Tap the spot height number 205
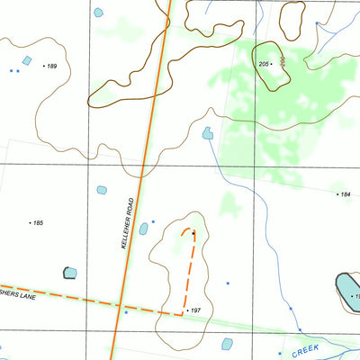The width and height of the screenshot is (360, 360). click(264, 65)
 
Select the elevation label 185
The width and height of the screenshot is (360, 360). click(38, 221)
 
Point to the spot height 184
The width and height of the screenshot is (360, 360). click(344, 193)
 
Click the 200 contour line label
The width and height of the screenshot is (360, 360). click(282, 63)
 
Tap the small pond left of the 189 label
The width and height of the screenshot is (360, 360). click(27, 61)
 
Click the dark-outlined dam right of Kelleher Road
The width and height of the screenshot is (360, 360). click(143, 229)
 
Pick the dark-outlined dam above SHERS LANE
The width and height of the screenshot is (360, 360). click(70, 273)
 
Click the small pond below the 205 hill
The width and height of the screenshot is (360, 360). click(208, 133)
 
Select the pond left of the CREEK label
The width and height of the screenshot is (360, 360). click(227, 344)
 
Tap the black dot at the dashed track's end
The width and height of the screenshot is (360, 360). click(193, 232)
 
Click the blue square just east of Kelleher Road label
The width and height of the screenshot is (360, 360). click(154, 221)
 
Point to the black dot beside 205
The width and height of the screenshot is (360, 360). click(272, 65)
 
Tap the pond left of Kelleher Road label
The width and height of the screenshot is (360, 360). click(101, 191)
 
